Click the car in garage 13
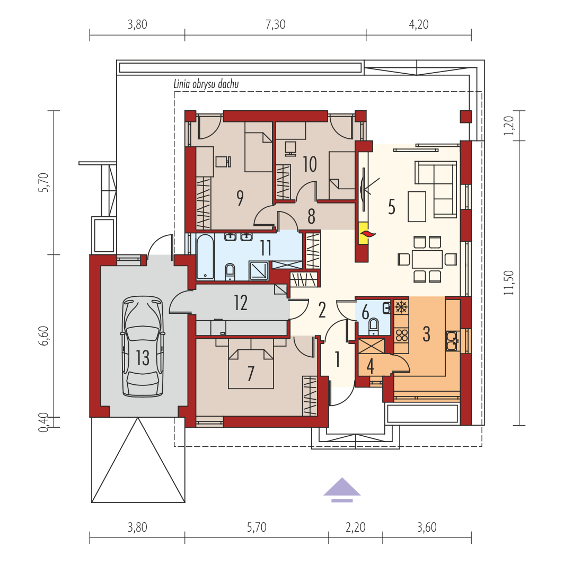click(143, 347)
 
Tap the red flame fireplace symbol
click(368, 234)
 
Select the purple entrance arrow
click(342, 490)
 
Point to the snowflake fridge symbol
click(401, 307)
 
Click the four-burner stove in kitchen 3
click(401, 335)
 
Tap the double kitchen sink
click(452, 341)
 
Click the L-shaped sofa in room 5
click(436, 189)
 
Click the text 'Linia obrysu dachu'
click(206, 84)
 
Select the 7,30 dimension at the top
click(276, 24)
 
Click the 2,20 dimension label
click(355, 527)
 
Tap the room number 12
click(241, 303)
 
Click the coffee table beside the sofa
click(417, 207)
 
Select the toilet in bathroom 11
click(230, 272)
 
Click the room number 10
click(310, 164)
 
